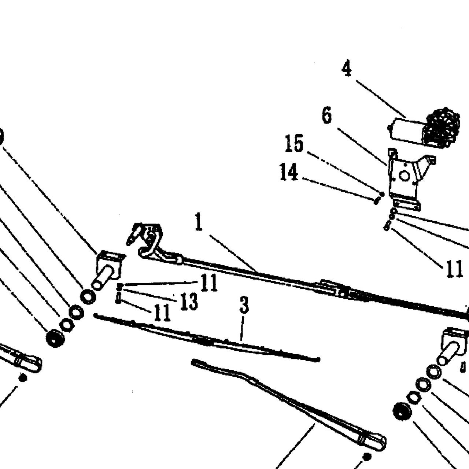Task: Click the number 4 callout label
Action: pyautogui.click(x=347, y=68)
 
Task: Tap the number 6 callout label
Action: pyautogui.click(x=327, y=115)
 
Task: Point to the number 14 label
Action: pyautogui.click(x=289, y=172)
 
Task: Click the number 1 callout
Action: pyautogui.click(x=199, y=222)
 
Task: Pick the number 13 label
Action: pyautogui.click(x=189, y=302)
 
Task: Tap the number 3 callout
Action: pyautogui.click(x=244, y=305)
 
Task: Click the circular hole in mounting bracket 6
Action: pyautogui.click(x=404, y=176)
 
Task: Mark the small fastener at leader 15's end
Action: pyautogui.click(x=382, y=194)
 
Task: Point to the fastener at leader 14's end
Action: pyautogui.click(x=376, y=201)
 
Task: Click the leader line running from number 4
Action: pyautogui.click(x=381, y=99)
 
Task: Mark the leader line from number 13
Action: pyautogui.click(x=150, y=295)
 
